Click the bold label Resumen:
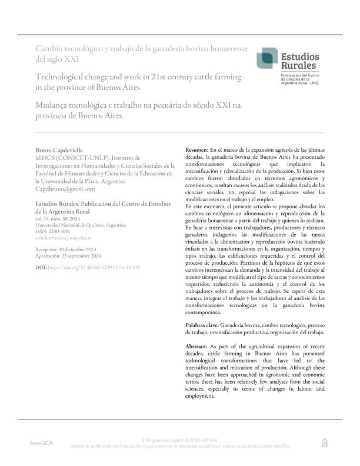pyautogui.click(x=196, y=151)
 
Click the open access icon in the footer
pyautogui.click(x=325, y=443)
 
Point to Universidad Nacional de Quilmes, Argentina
pyautogui.click(x=81, y=225)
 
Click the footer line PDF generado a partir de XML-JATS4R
pyautogui.click(x=180, y=440)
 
